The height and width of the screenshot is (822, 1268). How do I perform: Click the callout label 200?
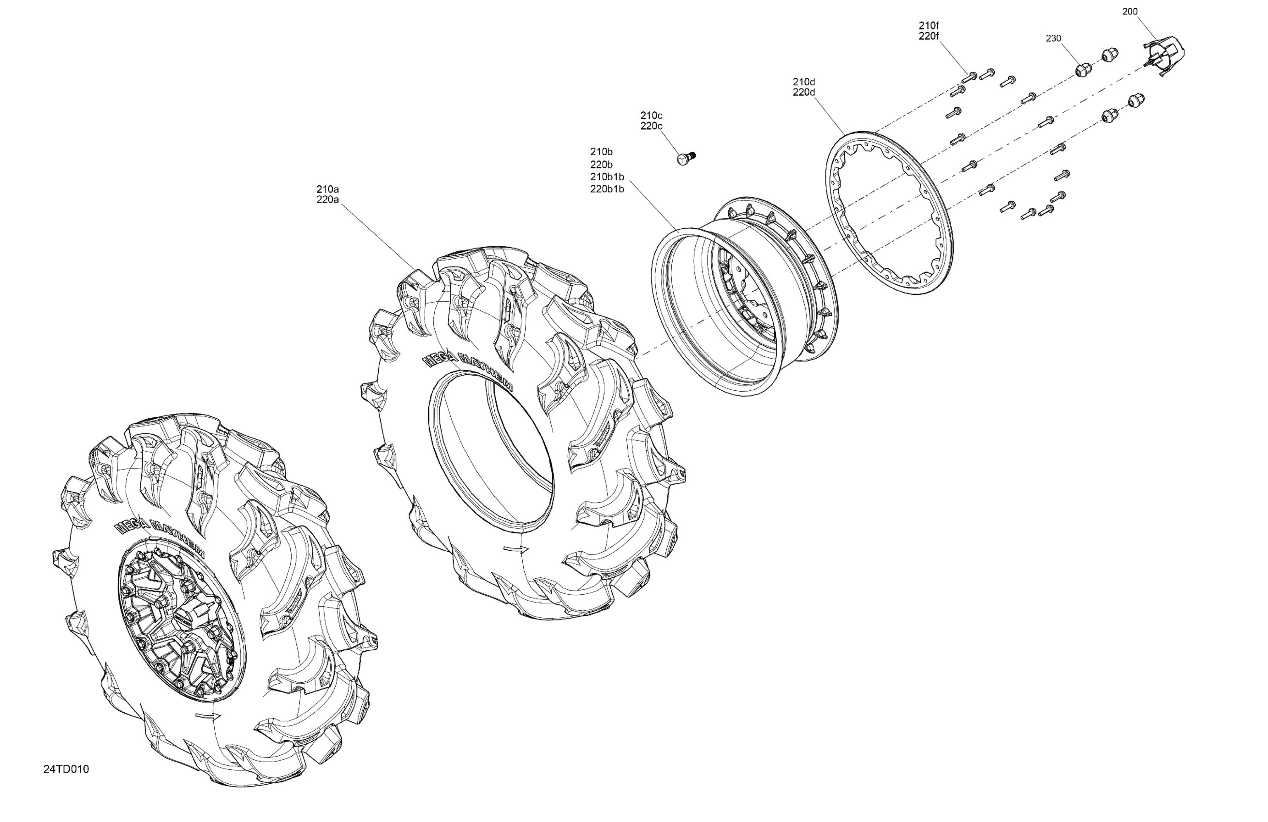tap(1130, 11)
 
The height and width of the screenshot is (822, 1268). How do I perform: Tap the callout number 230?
tap(1053, 38)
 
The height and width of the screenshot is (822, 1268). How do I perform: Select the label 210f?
tap(929, 25)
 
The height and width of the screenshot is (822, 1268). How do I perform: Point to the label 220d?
tap(804, 92)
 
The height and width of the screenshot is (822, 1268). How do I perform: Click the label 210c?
tap(651, 115)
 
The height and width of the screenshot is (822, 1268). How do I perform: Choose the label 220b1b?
tap(607, 189)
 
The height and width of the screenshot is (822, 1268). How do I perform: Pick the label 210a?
tap(328, 189)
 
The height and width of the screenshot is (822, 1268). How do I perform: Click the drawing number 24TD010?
tap(66, 769)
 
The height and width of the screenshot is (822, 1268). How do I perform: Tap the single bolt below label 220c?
tap(687, 158)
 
